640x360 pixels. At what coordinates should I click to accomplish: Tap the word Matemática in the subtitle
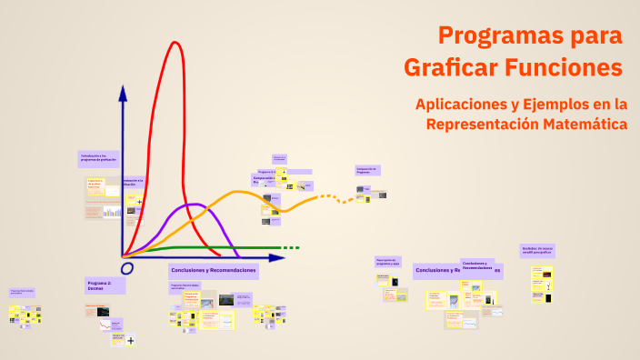point(582,124)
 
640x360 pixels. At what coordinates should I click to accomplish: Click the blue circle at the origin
point(126,268)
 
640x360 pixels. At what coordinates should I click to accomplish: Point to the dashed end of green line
point(290,247)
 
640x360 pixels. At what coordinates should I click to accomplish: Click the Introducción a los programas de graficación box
point(97,158)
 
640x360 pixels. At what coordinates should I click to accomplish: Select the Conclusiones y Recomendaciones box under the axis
point(214,271)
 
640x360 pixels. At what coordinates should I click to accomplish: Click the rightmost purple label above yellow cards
point(537,251)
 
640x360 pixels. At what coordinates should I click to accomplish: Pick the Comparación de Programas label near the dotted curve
point(367,170)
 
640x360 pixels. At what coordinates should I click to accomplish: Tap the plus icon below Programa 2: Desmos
point(131,341)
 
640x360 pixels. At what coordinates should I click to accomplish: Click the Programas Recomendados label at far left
point(24,293)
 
